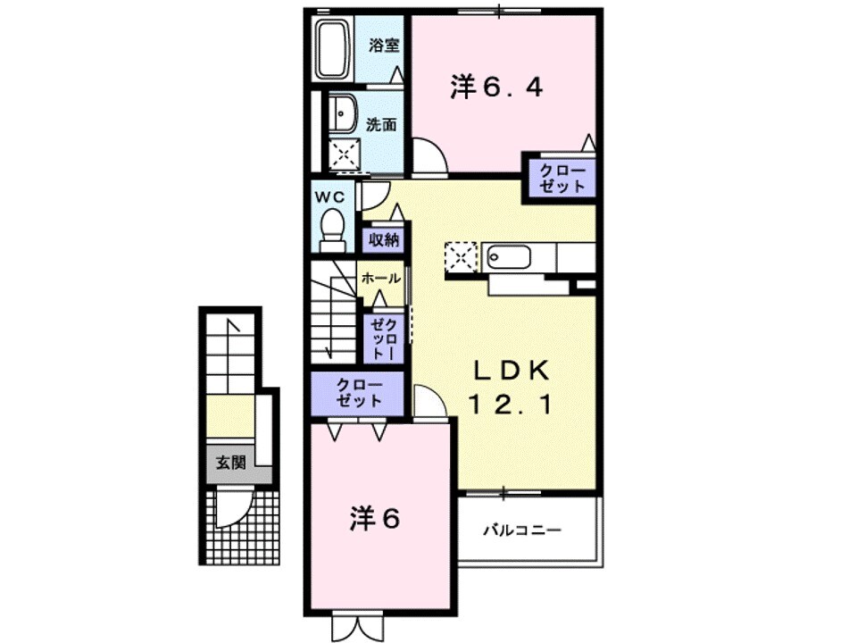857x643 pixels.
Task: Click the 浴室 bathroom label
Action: (x=384, y=45)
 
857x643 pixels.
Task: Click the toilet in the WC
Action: (x=332, y=229)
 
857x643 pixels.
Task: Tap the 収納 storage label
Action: (x=381, y=240)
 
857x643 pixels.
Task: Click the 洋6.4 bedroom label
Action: (x=497, y=88)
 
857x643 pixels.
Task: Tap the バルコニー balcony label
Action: (x=522, y=530)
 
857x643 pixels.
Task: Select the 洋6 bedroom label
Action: (x=372, y=521)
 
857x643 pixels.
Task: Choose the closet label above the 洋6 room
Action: (x=358, y=393)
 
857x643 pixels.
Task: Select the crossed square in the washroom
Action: (x=342, y=154)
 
